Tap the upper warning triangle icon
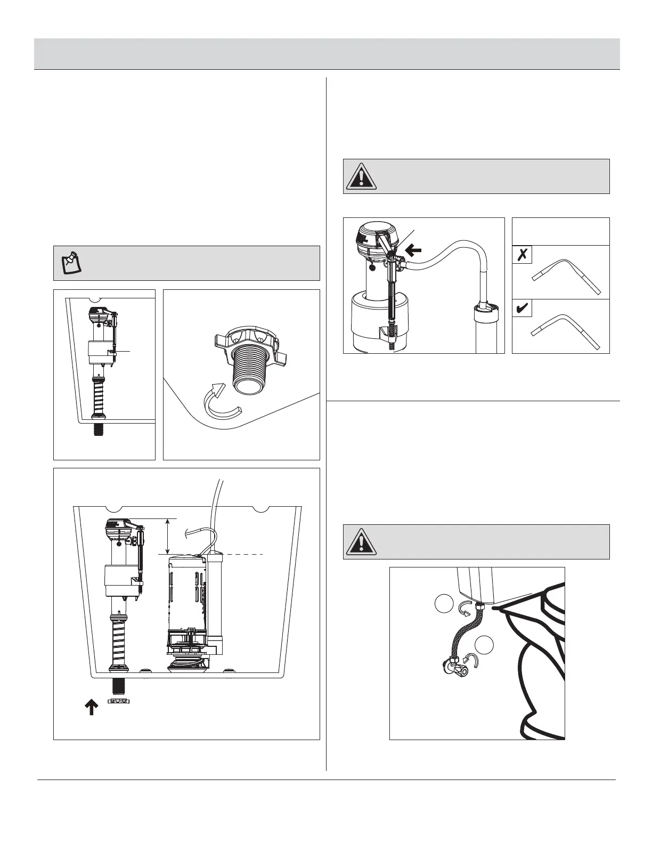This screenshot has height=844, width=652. coord(361,176)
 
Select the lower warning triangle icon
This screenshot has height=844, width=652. coord(361,542)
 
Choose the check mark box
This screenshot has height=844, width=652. coord(522,308)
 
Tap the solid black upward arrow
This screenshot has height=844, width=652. coord(91,707)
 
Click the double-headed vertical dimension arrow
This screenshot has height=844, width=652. coord(168,536)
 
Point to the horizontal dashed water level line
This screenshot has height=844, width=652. coord(245,555)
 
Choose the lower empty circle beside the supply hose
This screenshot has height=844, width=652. coord(485,645)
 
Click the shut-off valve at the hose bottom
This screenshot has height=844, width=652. coord(453,667)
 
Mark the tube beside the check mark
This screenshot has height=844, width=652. coord(566,330)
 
